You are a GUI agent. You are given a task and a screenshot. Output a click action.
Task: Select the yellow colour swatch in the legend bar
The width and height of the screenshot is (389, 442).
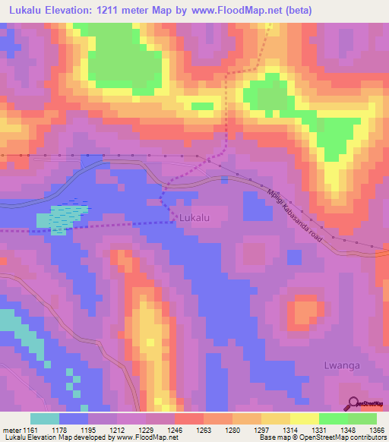click(x=305, y=418)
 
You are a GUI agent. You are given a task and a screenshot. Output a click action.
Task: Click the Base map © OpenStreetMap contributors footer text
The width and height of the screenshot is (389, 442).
click(x=322, y=437)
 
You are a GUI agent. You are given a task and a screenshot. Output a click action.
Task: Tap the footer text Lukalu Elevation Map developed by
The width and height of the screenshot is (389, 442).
click(x=56, y=437)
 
